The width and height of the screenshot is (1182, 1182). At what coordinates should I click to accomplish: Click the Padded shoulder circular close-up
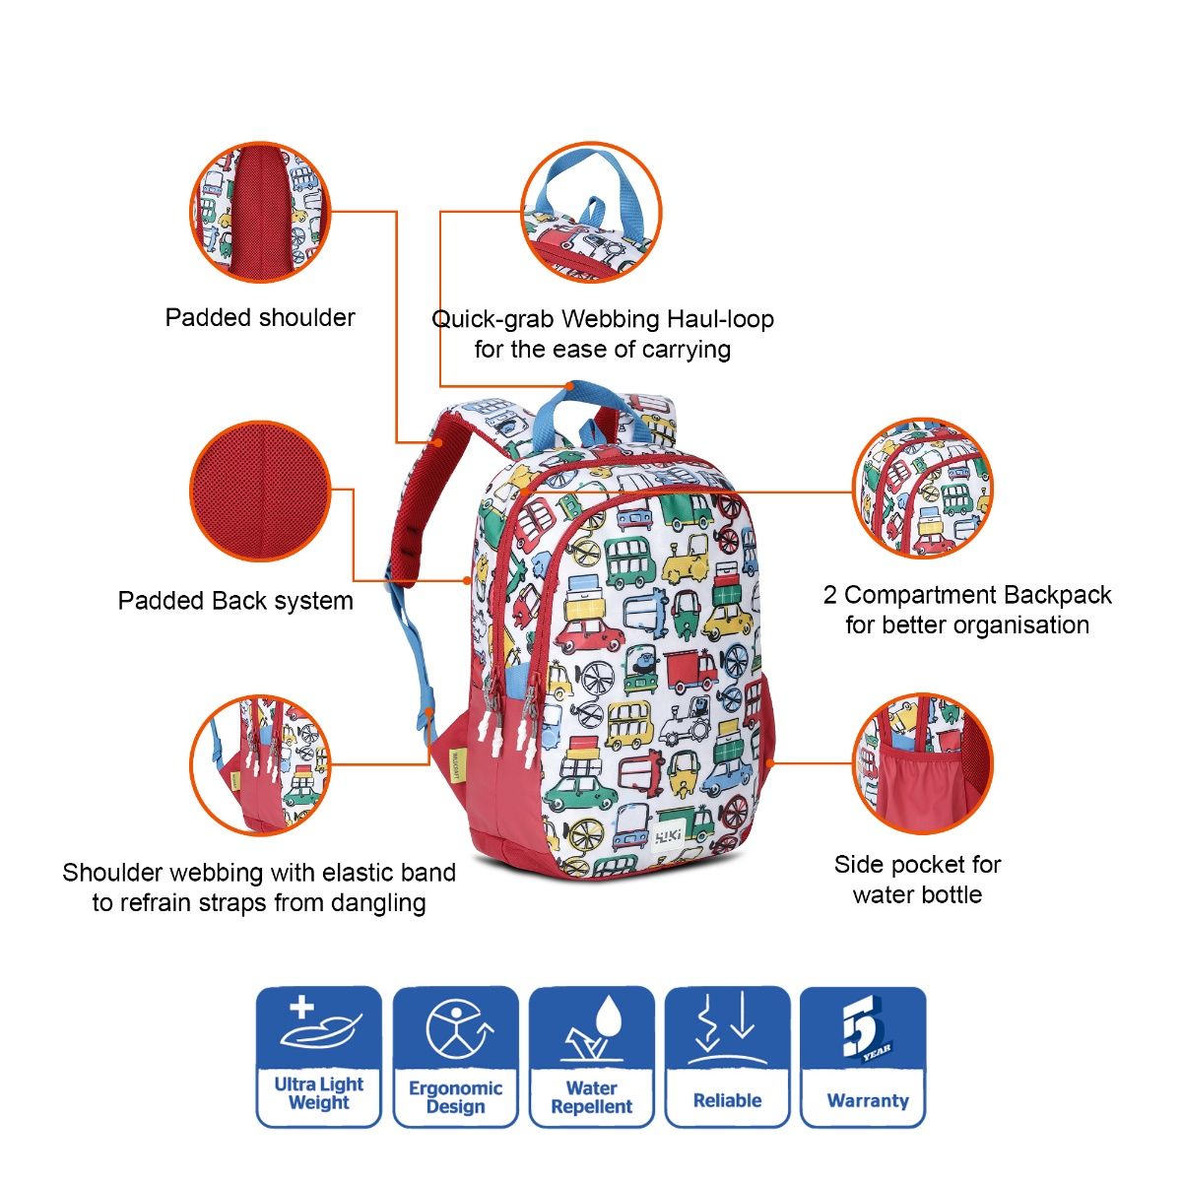click(x=260, y=212)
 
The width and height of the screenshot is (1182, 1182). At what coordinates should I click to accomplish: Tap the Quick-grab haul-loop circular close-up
click(x=590, y=212)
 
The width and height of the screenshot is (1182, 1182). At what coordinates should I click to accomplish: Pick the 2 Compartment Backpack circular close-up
click(x=922, y=491)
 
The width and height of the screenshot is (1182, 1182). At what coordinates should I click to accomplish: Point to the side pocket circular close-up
click(x=922, y=763)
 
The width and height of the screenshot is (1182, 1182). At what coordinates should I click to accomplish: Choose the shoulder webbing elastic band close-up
click(x=260, y=763)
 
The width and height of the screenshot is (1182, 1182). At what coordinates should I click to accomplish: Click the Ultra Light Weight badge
click(x=318, y=1056)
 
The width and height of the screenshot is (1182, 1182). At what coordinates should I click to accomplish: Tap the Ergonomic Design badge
click(x=455, y=1056)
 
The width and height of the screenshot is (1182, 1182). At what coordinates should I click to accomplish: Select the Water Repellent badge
click(x=591, y=1056)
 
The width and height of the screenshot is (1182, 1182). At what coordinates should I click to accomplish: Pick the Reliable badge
click(x=727, y=1056)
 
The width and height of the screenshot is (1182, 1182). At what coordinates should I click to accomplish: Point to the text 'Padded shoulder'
click(x=260, y=317)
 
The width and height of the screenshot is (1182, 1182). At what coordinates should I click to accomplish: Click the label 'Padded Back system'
click(x=235, y=601)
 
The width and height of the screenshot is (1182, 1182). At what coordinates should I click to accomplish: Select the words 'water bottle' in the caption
click(x=917, y=894)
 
